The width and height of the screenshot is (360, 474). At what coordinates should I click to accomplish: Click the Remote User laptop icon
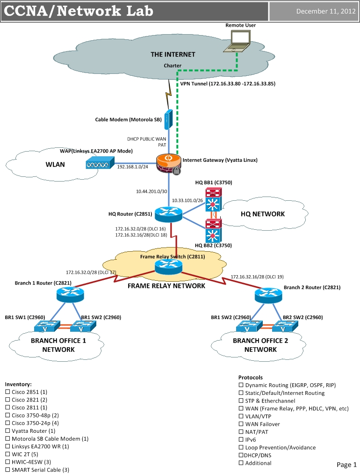(236, 43)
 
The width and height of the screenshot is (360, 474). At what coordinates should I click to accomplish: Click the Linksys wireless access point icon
(100, 163)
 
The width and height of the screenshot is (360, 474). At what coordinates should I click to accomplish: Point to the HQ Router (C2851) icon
(168, 214)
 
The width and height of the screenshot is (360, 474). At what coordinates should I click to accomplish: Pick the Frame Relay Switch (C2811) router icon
(168, 265)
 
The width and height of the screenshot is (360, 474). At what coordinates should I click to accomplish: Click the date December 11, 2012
(326, 12)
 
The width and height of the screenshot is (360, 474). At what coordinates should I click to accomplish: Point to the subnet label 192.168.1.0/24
(132, 167)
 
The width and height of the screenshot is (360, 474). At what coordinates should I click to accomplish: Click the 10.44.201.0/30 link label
(151, 191)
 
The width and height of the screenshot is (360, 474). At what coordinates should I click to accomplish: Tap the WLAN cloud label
(55, 164)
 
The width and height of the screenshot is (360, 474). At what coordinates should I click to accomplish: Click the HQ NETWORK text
(262, 214)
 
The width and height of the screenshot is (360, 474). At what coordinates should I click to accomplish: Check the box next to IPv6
(241, 440)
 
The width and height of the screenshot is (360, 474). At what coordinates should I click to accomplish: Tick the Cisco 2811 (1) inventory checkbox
(7, 408)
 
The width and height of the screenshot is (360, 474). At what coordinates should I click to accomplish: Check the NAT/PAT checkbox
(241, 432)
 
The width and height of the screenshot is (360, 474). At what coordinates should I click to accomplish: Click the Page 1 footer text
(346, 465)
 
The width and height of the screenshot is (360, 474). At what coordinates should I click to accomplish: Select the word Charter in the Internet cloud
(173, 66)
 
